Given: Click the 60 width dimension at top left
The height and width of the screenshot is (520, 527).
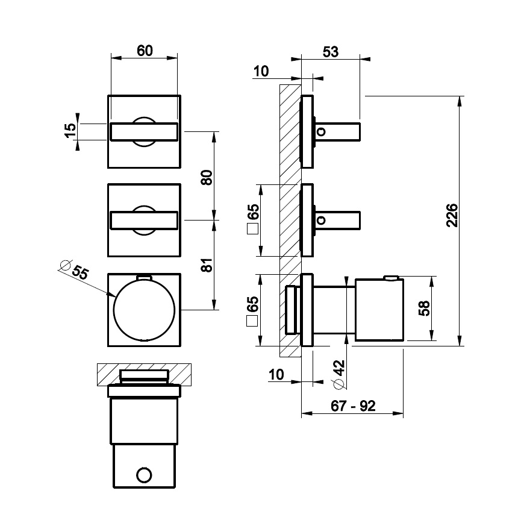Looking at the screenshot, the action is (x=145, y=51).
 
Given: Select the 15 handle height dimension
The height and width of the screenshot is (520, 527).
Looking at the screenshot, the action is (x=70, y=131).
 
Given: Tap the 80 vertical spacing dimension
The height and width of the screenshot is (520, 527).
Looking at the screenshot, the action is (x=207, y=178).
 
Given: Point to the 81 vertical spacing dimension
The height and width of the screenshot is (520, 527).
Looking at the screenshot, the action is (x=207, y=265).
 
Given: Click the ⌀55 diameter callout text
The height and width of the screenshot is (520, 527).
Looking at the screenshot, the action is (x=75, y=269).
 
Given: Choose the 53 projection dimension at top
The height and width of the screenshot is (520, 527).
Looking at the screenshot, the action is (x=331, y=52).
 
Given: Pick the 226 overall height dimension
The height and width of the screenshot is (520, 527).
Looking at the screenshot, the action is (x=452, y=215).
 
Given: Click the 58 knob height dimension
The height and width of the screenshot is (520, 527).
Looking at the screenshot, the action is (x=424, y=308).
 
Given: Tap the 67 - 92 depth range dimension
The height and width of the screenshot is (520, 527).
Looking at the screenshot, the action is (x=353, y=406).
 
